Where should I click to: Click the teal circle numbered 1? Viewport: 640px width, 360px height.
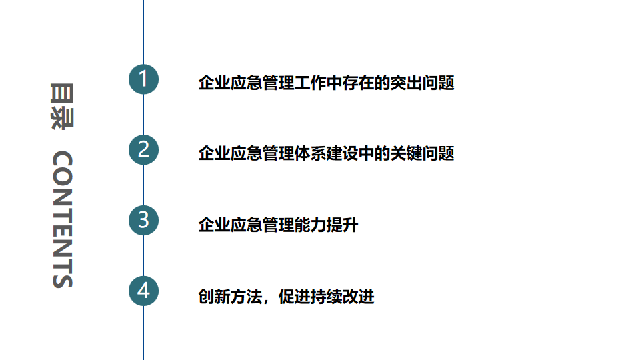tap(143, 79)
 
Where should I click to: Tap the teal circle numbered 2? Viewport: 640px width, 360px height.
tap(143, 149)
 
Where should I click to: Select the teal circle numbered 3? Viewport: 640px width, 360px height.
tap(143, 220)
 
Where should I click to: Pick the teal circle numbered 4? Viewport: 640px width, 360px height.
tap(143, 291)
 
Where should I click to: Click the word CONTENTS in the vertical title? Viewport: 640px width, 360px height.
tap(61, 220)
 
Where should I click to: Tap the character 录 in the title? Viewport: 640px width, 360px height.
tap(61, 117)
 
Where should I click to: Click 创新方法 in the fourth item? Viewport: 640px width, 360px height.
tap(230, 297)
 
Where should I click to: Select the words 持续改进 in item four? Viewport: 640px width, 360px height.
tap(343, 297)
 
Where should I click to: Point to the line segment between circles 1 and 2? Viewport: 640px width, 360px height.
tap(143, 115)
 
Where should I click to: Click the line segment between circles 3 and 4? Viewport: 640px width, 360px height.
tap(143, 256)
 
